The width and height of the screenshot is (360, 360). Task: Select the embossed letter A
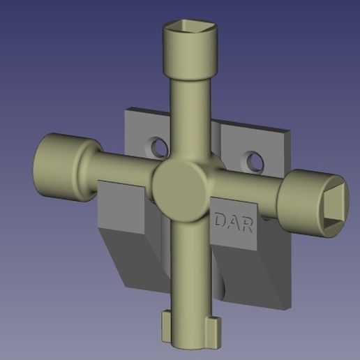click(x=234, y=223)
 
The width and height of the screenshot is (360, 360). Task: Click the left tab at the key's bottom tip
click(x=167, y=323)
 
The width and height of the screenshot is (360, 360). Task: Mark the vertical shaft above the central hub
click(x=186, y=119)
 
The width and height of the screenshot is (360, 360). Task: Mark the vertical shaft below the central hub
click(x=187, y=272)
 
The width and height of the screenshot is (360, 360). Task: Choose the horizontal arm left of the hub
click(x=119, y=172)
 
